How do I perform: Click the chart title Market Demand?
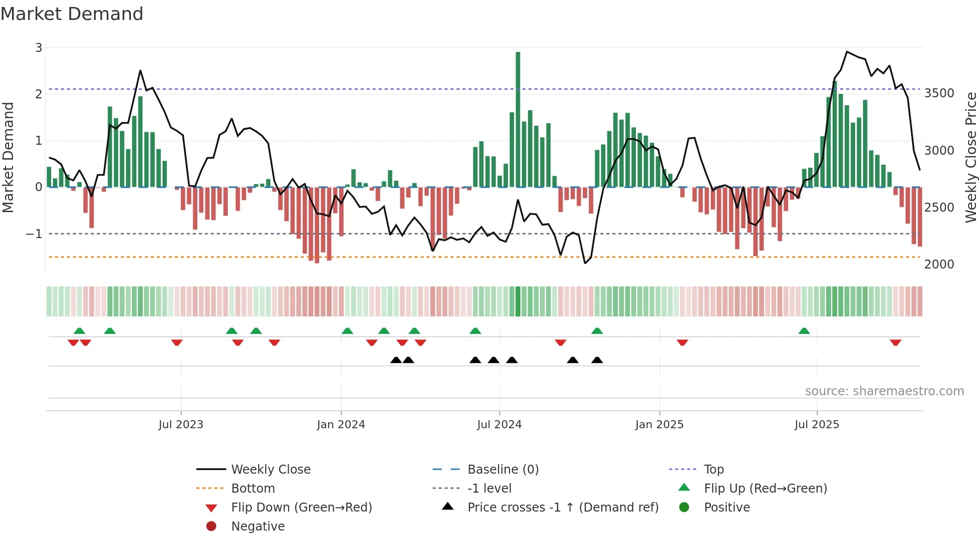click(72, 14)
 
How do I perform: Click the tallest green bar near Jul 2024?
click(518, 120)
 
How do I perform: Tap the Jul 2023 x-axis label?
click(181, 425)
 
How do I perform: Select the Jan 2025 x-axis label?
click(659, 425)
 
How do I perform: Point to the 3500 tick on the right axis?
click(939, 93)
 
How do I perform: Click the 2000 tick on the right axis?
click(939, 265)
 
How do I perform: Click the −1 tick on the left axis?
click(34, 234)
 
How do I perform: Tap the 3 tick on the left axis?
click(38, 48)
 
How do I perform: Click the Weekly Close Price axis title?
click(971, 157)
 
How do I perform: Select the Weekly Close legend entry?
click(270, 470)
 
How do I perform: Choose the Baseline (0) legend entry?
click(502, 470)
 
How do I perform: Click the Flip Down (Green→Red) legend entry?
click(301, 508)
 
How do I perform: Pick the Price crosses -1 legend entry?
click(562, 508)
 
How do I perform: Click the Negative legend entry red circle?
click(211, 527)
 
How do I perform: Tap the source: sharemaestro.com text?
click(884, 391)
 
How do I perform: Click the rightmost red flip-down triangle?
click(895, 342)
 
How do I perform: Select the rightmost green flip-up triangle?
click(804, 331)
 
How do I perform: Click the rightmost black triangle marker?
click(597, 360)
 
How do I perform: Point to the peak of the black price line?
click(847, 52)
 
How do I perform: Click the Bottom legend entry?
click(253, 489)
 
